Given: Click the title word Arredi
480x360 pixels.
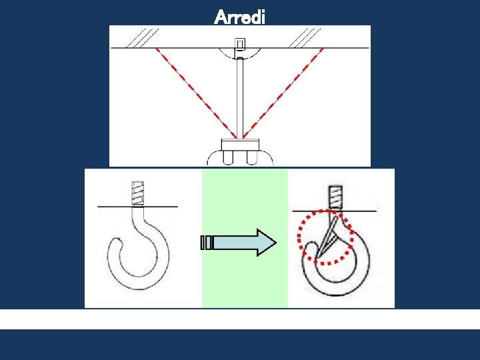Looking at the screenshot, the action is coord(239,17).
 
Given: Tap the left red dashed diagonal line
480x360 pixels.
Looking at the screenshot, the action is coord(196,93).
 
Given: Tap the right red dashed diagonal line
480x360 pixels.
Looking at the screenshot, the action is coord(283,93).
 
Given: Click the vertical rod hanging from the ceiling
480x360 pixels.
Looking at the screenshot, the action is coord(240,98).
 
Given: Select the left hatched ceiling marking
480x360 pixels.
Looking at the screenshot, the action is coord(143,38).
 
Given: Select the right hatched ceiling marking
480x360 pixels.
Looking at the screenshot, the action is coord(305,38).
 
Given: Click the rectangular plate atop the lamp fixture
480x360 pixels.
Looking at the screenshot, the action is coord(240,145).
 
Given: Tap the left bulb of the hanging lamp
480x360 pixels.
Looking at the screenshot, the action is coord(228,158).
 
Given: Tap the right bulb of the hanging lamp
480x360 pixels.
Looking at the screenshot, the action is coord(252,158).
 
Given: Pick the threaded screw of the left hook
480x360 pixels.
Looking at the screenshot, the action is coord(137,193).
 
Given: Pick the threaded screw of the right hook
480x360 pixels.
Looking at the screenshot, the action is coord(335,197).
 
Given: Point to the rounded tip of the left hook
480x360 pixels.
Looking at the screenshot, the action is coord(117,243).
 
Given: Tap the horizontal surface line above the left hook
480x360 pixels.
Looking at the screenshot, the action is coord(137,207).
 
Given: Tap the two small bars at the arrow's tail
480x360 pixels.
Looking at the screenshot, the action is coord(206,243).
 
